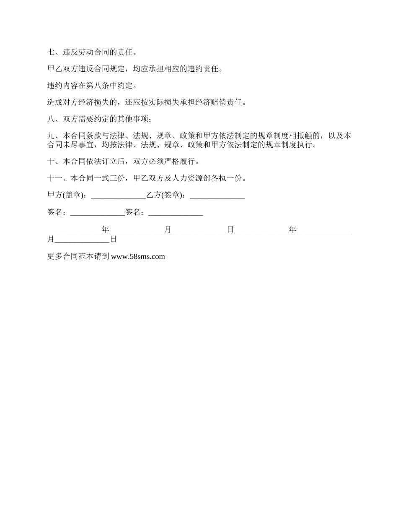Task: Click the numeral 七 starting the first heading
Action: pyautogui.click(x=51, y=52)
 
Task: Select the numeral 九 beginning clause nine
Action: pyautogui.click(x=51, y=136)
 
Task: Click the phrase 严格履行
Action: pyautogui.click(x=179, y=162)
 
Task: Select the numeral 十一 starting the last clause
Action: pyautogui.click(x=55, y=178)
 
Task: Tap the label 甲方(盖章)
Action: pyautogui.click(x=67, y=195)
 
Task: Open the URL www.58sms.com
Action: pyautogui.click(x=138, y=257)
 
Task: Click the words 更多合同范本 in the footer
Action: pyautogui.click(x=70, y=257)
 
